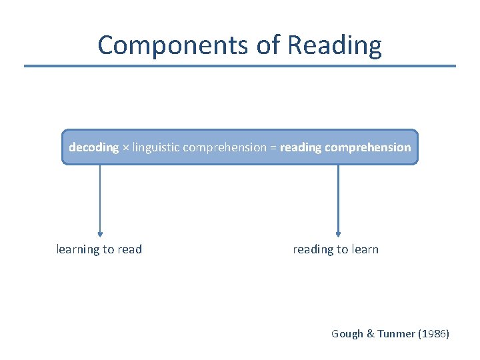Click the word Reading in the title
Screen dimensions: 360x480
335,45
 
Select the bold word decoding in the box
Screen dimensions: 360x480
93,147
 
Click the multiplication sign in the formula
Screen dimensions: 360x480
125,148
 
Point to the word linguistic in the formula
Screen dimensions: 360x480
155,147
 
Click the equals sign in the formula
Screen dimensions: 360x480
273,148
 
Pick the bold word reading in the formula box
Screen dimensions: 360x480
301,147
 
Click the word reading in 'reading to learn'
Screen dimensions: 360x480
313,250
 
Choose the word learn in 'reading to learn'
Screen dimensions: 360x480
364,249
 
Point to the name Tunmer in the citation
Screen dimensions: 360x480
397,333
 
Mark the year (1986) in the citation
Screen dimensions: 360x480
433,333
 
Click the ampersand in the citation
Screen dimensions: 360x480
370,333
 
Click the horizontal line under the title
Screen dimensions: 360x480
240,66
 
